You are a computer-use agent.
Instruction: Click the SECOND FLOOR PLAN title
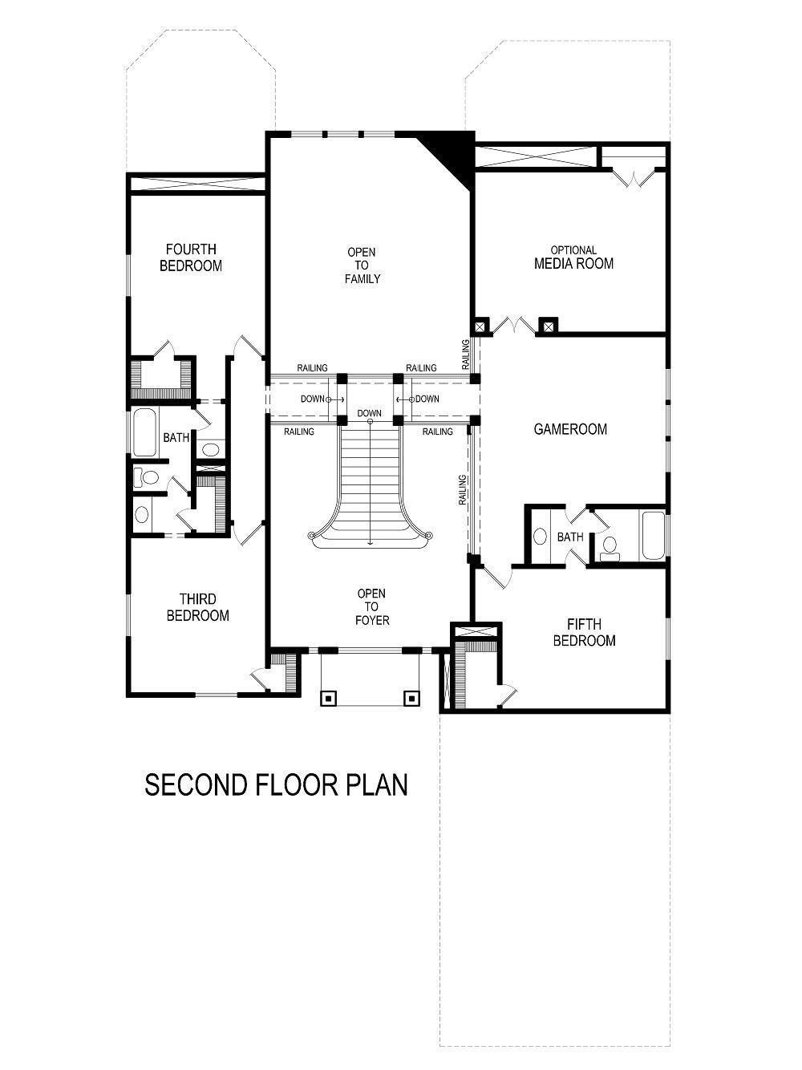[x=276, y=784]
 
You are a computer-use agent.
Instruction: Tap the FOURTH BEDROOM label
[x=191, y=257]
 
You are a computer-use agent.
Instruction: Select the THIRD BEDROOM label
[x=198, y=607]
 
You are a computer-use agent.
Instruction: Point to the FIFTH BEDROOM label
[x=584, y=632]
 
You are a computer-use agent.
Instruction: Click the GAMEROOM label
[x=570, y=429]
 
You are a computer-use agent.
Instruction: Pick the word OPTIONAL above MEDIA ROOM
[x=573, y=250]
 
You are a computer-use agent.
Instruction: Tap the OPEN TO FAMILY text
[x=362, y=265]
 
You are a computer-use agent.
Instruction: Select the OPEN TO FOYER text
[x=372, y=607]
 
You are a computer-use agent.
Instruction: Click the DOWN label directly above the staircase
[x=370, y=414]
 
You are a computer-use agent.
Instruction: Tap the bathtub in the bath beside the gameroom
[x=653, y=536]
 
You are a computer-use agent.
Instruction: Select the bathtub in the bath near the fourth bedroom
[x=145, y=432]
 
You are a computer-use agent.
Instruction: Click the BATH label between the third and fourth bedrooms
[x=176, y=438]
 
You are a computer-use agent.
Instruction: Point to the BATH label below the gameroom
[x=570, y=537]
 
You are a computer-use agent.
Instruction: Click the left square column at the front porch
[x=328, y=698]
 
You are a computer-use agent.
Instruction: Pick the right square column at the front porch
[x=411, y=698]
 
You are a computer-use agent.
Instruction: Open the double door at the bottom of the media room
[x=513, y=326]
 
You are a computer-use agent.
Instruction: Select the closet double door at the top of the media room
[x=634, y=178]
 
